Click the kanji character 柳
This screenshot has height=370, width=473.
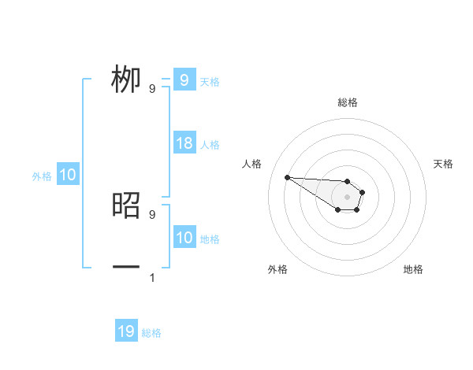[126, 80]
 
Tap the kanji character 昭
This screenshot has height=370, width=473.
[126, 205]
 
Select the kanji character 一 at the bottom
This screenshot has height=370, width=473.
[126, 268]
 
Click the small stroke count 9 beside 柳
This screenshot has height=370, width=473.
[152, 89]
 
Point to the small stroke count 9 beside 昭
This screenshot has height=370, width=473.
[152, 214]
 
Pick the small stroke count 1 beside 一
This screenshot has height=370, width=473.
[152, 277]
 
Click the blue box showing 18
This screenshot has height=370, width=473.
[184, 143]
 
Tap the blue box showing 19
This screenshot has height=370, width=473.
[126, 331]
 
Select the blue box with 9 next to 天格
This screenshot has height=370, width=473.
[184, 80]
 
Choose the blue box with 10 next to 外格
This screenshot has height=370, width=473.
[68, 175]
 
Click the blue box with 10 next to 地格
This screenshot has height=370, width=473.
[184, 238]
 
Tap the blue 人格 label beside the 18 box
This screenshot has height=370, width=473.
[210, 145]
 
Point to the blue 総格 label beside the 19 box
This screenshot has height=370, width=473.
[151, 333]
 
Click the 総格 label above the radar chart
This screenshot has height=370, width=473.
[348, 102]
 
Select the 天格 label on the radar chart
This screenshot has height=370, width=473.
[444, 164]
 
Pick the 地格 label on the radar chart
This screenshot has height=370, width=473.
[413, 269]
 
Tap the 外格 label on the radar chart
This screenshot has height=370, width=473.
[277, 269]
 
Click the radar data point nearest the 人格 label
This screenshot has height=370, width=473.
[287, 177]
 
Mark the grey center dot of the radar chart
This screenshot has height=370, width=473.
[348, 197]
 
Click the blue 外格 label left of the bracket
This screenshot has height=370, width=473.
[42, 176]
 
